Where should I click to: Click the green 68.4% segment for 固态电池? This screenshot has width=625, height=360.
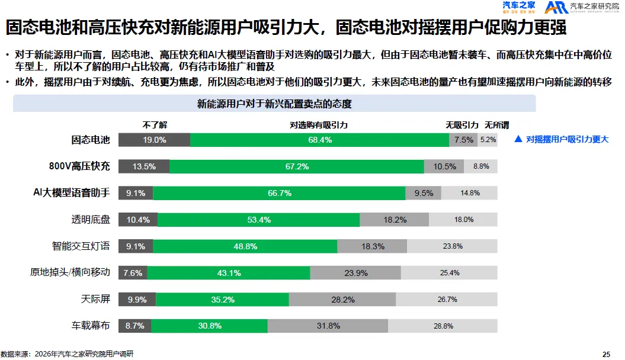tap(319, 140)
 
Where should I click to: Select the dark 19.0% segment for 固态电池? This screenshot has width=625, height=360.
tap(154, 140)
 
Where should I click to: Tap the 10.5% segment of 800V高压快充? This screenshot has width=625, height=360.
tap(444, 166)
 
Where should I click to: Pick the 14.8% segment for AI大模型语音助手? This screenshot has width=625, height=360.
tap(469, 193)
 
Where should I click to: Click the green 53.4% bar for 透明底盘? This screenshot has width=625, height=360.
tap(259, 220)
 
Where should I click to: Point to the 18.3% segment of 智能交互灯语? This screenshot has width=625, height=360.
tap(372, 246)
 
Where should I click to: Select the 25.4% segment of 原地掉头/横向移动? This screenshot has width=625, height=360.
tap(450, 273)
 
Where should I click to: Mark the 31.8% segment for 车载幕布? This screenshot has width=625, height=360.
tap(328, 326)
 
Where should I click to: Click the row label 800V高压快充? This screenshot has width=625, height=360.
tap(79, 166)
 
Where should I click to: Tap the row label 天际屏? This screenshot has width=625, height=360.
tap(96, 299)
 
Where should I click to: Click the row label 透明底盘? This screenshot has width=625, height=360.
tap(91, 220)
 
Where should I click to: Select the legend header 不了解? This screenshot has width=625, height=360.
tap(155, 126)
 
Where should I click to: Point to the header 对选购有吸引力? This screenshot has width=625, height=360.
tap(319, 126)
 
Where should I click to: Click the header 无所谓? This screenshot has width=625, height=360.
tap(496, 126)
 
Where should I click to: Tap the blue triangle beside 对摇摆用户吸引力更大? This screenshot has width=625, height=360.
tap(518, 140)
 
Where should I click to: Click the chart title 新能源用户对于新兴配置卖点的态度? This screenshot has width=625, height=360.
tap(274, 104)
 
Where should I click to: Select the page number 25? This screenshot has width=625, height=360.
tap(606, 354)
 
